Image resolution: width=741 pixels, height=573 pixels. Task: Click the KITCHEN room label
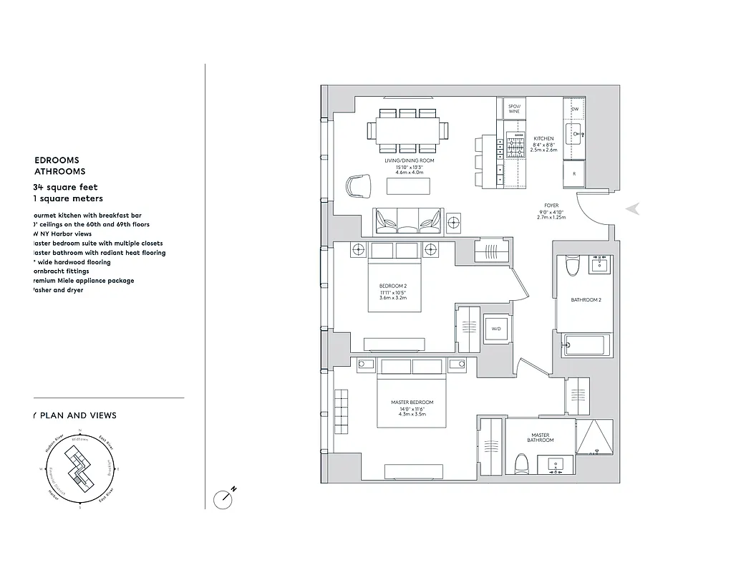543,138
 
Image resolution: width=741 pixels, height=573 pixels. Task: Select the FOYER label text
551,206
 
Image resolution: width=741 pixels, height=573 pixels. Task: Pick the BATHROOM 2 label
586,300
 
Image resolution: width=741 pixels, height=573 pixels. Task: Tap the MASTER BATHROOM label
540,437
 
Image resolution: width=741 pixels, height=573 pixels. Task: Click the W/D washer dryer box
495,329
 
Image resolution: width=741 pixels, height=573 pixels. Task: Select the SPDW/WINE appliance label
514,109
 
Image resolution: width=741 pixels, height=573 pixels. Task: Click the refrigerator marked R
574,174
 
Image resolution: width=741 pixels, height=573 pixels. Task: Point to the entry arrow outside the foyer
633,209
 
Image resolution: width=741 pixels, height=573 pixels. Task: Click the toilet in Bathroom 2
571,266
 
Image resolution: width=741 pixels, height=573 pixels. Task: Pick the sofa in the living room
406,221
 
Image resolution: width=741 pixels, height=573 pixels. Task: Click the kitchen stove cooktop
515,147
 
